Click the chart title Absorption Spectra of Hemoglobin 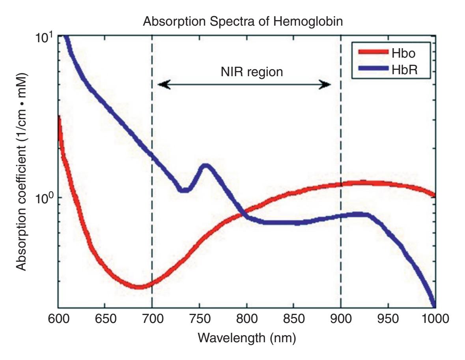click(243, 22)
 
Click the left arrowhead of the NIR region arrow click(162, 84)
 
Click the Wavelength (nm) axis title click(247, 337)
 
